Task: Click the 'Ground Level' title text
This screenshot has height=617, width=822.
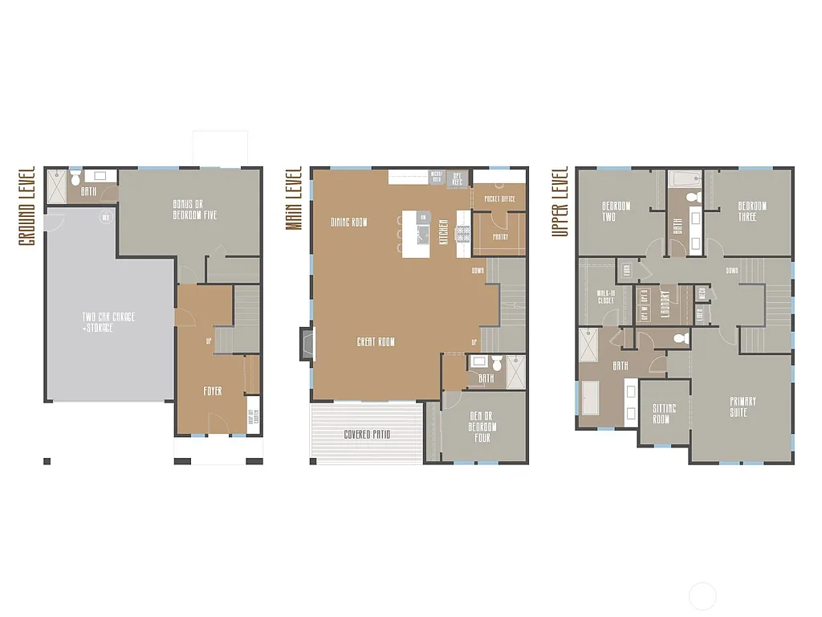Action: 26,206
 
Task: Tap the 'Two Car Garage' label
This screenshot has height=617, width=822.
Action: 108,322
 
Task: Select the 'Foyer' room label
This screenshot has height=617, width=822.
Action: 212,391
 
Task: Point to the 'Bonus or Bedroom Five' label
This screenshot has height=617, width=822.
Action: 194,210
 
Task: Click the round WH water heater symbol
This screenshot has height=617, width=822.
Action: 104,217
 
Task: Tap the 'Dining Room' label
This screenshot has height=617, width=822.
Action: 349,222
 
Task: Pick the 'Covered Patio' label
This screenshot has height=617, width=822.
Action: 368,435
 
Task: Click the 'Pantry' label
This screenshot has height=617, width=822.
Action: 500,237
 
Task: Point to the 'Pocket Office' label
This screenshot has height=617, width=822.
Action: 499,198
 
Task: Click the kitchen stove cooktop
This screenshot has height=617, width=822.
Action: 463,234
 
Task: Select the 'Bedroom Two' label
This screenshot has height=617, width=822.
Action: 616,210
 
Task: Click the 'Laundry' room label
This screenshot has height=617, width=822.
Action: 664,304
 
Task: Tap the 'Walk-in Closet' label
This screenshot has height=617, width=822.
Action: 606,297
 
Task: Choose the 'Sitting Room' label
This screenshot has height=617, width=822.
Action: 664,414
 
